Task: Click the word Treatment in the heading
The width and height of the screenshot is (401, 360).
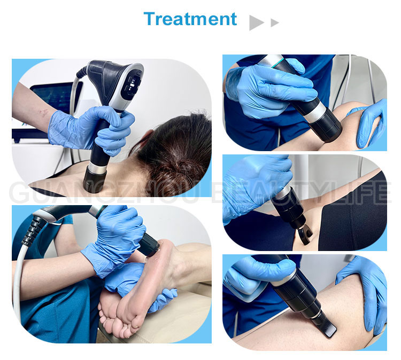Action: coord(190,19)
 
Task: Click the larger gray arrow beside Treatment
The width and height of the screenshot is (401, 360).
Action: coord(257,22)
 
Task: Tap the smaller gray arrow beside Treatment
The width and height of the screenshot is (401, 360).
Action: coord(275,22)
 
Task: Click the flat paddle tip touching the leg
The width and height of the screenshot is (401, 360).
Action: coord(327,325)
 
